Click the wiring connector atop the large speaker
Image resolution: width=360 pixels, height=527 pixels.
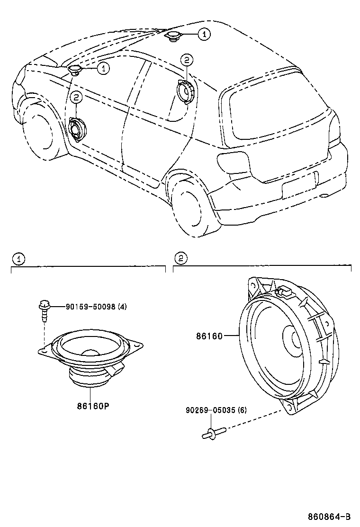click(x=284, y=290)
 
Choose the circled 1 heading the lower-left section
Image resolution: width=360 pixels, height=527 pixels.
click(x=18, y=259)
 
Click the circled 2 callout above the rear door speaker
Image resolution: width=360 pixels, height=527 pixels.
click(x=186, y=60)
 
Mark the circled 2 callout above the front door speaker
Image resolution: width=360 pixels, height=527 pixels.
click(x=76, y=98)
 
